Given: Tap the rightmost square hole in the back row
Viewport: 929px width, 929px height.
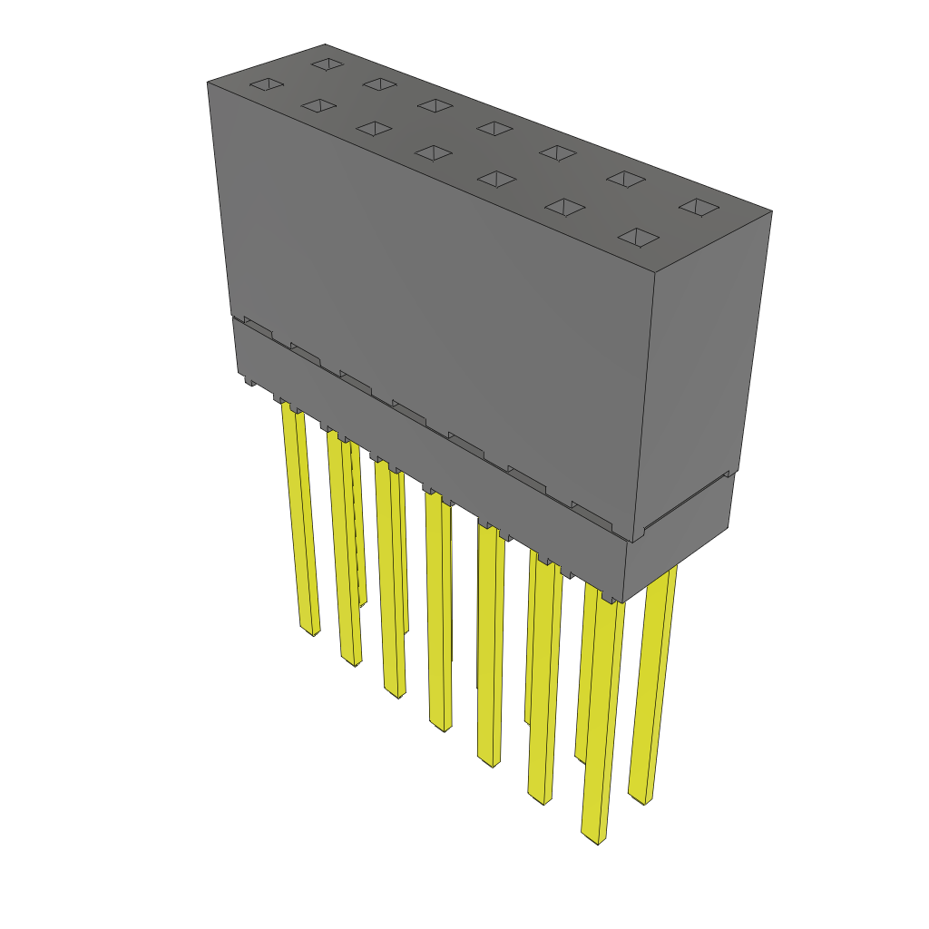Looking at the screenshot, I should (699, 208).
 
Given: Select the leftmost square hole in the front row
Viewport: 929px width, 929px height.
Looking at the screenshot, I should (267, 85).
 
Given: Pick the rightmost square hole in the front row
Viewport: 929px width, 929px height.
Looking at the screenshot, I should (639, 238).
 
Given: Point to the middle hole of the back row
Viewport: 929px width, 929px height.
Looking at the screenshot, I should (494, 128).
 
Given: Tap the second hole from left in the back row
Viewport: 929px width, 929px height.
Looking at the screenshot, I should (379, 84).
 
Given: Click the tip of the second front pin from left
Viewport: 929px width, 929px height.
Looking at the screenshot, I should (351, 661).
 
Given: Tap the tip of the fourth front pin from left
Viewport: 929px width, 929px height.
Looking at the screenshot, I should (442, 727).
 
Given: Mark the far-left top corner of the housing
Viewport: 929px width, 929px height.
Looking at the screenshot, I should (208, 82).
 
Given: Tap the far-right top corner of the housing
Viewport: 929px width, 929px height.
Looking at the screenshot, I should (771, 212).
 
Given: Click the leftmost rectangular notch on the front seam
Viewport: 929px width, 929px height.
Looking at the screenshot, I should (257, 326).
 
